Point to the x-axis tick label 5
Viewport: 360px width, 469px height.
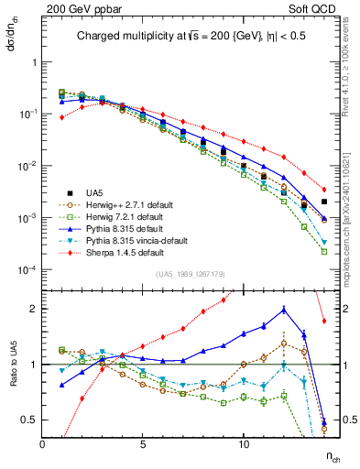click(x=143, y=443)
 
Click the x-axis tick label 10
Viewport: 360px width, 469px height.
click(x=244, y=443)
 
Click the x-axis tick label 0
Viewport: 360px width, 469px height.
click(x=42, y=443)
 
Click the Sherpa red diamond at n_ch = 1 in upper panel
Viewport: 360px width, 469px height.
click(x=62, y=117)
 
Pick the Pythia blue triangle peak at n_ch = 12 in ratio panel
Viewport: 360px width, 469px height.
click(x=284, y=310)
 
